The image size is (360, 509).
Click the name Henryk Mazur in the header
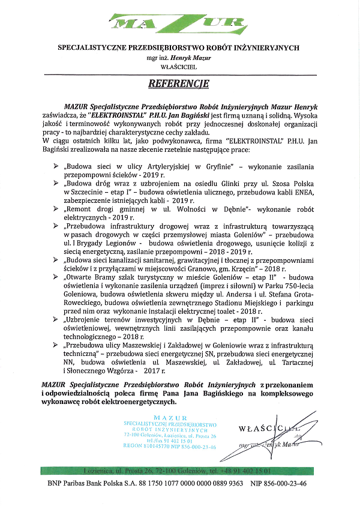coord(192,57)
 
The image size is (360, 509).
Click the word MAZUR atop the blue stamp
coord(170,418)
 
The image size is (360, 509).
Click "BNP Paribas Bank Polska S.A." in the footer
coord(99,483)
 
